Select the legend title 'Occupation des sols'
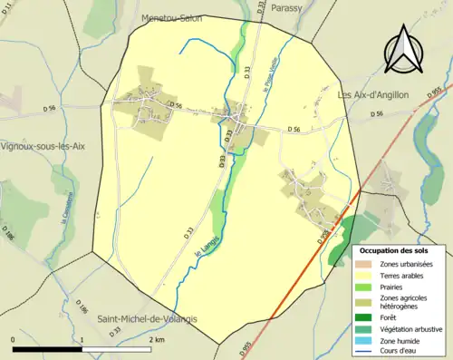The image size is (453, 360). (400, 250)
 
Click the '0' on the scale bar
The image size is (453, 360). (14, 339)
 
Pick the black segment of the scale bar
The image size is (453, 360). (48, 349)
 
